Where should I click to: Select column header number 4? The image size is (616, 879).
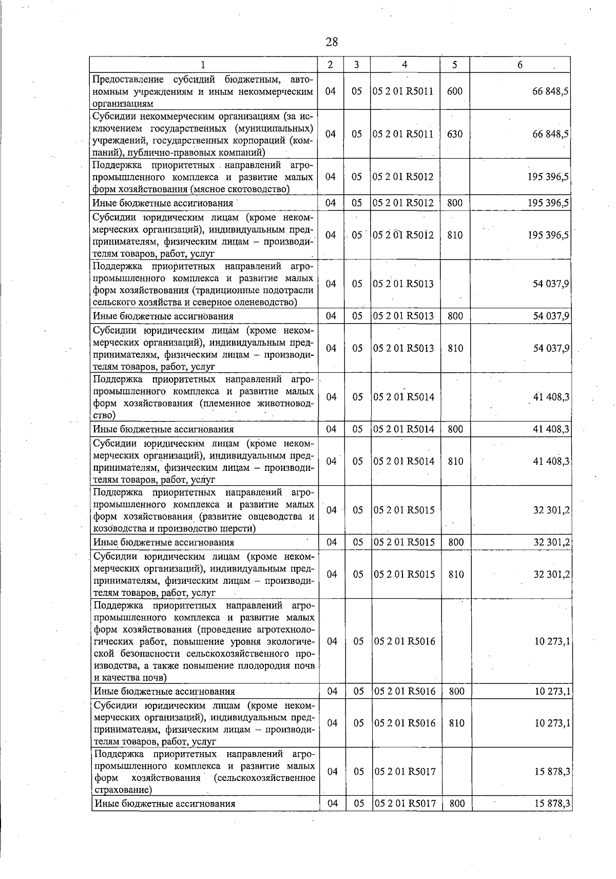405,65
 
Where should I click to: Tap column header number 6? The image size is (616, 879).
520,65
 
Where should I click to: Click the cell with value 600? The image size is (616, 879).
455,91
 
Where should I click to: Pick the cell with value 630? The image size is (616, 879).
455,134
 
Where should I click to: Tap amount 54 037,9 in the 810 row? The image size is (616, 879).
551,349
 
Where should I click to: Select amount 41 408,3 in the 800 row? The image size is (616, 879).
551,429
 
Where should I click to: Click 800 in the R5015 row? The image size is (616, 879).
456,542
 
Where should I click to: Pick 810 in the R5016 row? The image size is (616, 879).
456,723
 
